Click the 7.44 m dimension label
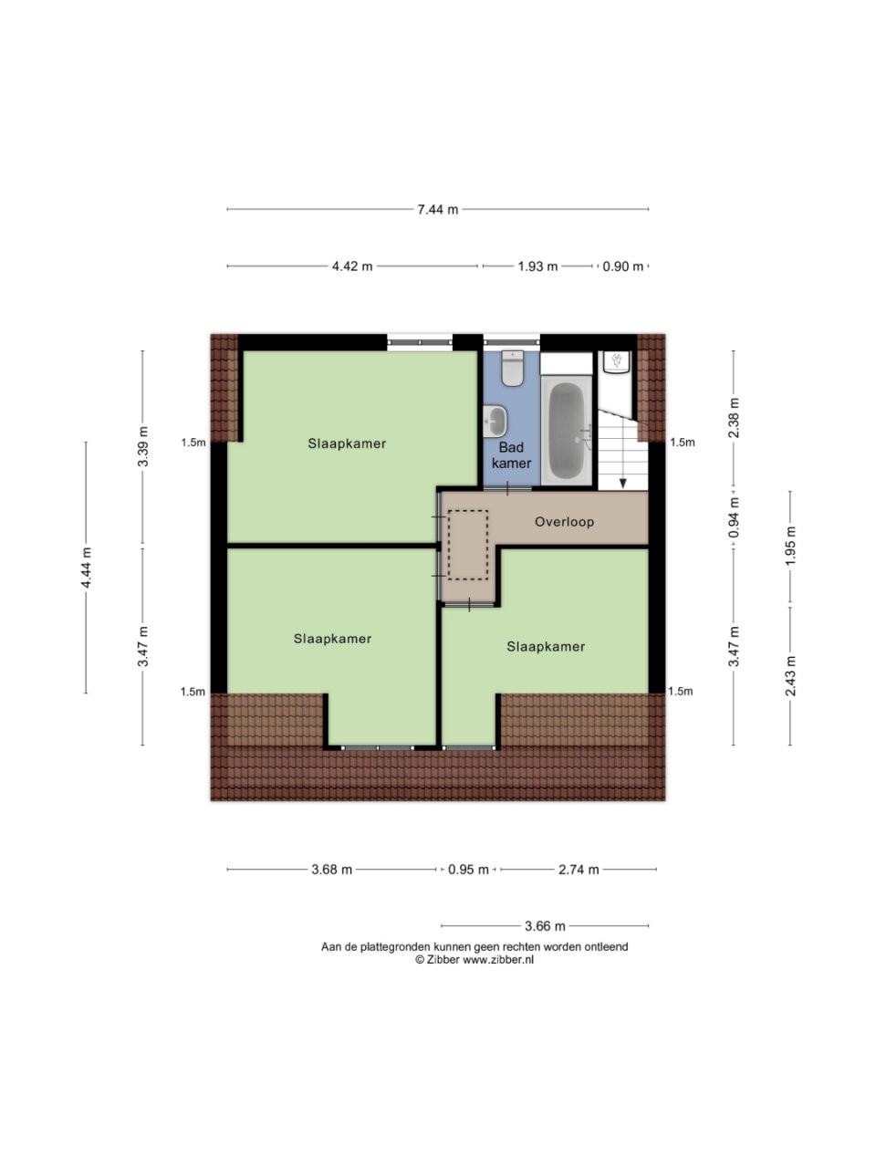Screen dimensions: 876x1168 pos(437,210)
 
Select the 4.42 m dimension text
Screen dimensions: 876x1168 pos(352,266)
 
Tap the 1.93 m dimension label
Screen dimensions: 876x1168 pos(537,266)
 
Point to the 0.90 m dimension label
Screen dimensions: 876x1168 pos(622,266)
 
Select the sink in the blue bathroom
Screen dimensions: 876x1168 pos(495,422)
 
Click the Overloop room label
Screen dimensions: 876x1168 pos(564,522)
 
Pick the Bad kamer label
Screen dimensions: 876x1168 pos(511,455)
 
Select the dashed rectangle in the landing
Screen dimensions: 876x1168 pos(467,545)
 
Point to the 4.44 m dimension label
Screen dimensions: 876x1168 pos(86,568)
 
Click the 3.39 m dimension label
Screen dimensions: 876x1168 pos(142,446)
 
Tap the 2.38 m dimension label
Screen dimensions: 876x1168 pos(734,418)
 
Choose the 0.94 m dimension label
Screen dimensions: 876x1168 pos(734,517)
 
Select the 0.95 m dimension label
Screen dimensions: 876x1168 pos(468,870)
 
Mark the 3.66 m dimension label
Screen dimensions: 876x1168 pos(545,926)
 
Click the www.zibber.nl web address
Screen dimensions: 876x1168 pos(498,960)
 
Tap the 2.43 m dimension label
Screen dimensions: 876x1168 pos(790,676)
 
